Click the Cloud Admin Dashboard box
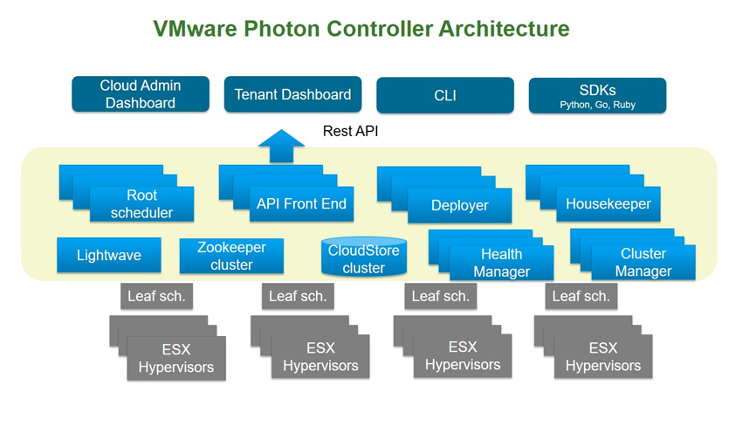[141, 94]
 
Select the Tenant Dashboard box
[293, 94]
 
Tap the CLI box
[445, 95]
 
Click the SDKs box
[598, 95]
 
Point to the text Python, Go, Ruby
[598, 105]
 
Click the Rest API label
[351, 131]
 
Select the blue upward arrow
[281, 146]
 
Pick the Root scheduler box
[141, 204]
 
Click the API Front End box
[301, 204]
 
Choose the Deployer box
[459, 205]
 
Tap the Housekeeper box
[608, 204]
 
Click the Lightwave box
[109, 255]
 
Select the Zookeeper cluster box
[231, 256]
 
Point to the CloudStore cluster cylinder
[364, 257]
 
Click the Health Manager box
[502, 263]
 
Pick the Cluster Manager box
[643, 262]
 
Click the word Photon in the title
[282, 29]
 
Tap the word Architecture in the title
[504, 29]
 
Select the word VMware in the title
[195, 29]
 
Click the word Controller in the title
[380, 29]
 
